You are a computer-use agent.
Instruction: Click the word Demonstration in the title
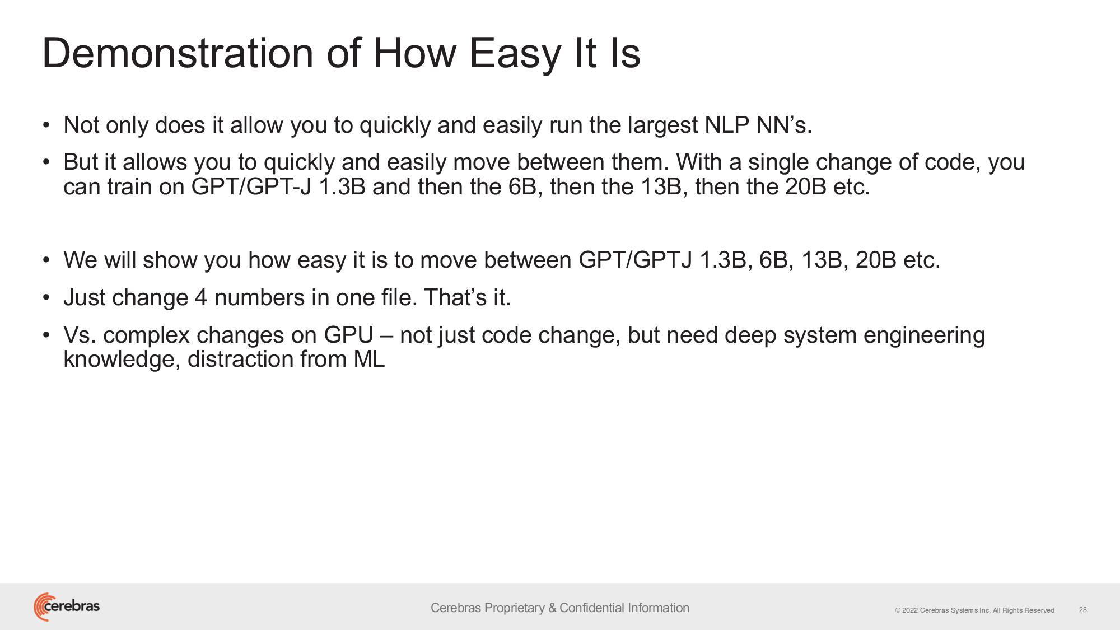point(178,53)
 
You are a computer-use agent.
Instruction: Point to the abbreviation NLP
point(727,125)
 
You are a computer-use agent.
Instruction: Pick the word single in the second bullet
point(778,163)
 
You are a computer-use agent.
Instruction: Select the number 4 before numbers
point(201,297)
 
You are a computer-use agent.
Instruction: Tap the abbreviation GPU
point(348,335)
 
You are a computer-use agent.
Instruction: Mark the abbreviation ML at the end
point(369,359)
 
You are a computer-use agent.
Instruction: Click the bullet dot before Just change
point(46,297)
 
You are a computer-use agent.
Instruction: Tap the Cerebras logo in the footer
point(67,606)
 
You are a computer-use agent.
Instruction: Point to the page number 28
point(1083,610)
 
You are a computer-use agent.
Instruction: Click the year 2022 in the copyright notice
point(910,610)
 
